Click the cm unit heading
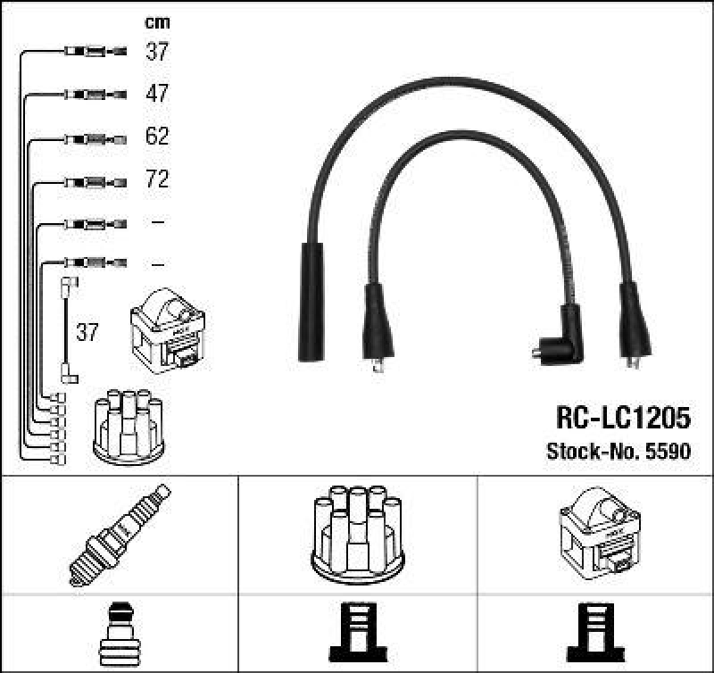(x=157, y=22)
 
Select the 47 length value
(x=157, y=94)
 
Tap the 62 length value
(x=157, y=137)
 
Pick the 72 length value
(x=157, y=180)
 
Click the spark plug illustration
(x=120, y=535)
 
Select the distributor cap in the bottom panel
(x=357, y=534)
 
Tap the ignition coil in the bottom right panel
(x=599, y=533)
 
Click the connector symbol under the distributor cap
(x=357, y=633)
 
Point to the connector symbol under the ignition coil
(x=596, y=633)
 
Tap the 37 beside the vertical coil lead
(x=87, y=333)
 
